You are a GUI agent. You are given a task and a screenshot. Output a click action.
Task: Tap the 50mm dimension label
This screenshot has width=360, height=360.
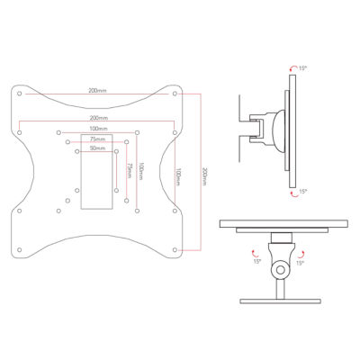[97, 148]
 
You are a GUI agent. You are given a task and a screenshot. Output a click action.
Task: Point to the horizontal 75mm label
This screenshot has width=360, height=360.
[97, 139]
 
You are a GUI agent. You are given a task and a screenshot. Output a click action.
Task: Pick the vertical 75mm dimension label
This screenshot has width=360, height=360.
[127, 169]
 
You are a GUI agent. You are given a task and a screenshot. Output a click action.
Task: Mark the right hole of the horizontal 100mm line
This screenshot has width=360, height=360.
[136, 134]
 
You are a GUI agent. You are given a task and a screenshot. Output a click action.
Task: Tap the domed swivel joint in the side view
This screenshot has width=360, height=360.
[271, 123]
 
